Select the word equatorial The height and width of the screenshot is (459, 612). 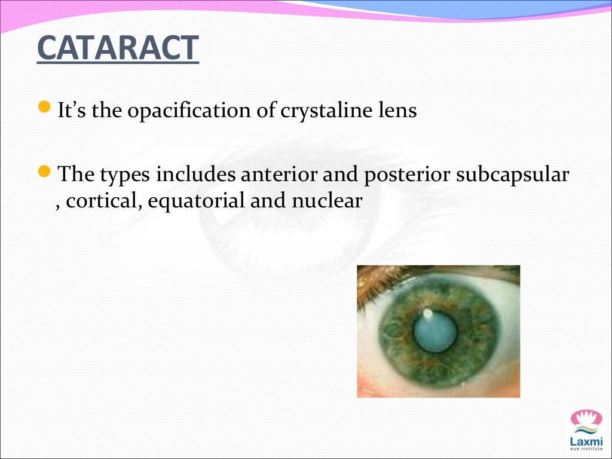pyautogui.click(x=197, y=201)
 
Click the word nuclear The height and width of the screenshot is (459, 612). pyautogui.click(x=326, y=201)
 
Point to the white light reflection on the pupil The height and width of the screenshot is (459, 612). pyautogui.click(x=427, y=313)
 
